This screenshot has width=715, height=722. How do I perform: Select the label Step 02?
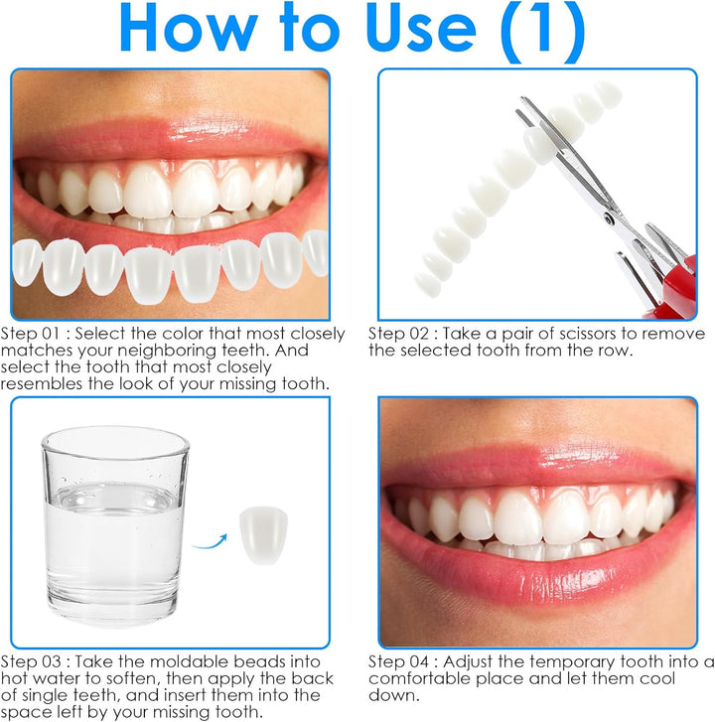[397, 334]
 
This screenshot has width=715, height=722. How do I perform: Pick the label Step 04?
[397, 660]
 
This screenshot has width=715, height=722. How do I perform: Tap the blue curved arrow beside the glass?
[212, 535]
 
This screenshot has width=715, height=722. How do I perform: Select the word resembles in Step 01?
[41, 382]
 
